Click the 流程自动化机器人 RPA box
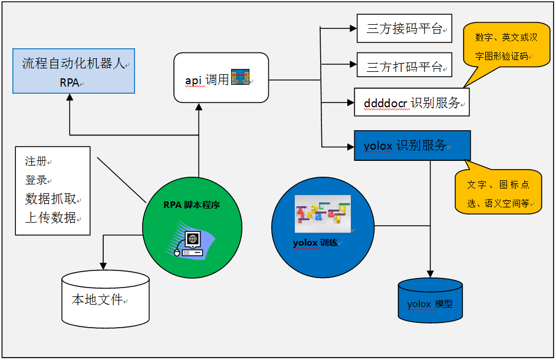pos(74,71)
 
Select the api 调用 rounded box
pos(221,77)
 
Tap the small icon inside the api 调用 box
pos(240,78)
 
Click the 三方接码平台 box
pos(404,29)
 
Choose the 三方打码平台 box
pos(404,65)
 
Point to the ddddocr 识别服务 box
pos(411,103)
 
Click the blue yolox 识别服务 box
pos(412,146)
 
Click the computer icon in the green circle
pos(192,243)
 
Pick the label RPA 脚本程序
pos(192,205)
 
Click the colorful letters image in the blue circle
pos(323,213)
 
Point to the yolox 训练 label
pos(315,242)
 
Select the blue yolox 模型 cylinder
pos(430,302)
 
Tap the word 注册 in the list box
pos(35,161)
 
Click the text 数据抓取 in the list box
pos(50,199)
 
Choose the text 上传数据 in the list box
pos(50,217)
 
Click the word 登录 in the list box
pos(35,180)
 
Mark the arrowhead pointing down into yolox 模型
pos(430,273)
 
